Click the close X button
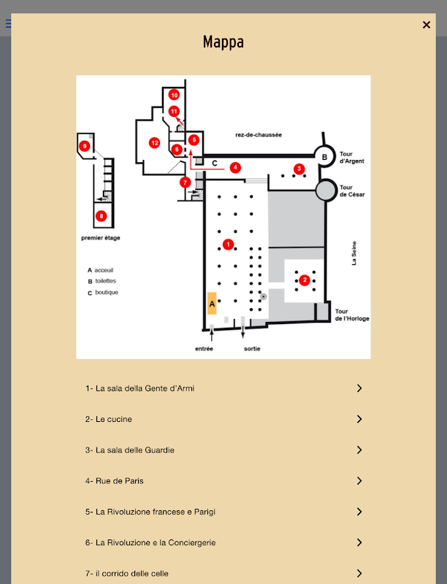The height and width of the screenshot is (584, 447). [427, 25]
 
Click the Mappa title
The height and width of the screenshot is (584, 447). [223, 42]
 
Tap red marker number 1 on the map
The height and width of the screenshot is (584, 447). [228, 245]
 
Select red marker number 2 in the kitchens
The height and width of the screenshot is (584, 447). [305, 280]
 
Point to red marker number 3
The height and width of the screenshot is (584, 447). [299, 169]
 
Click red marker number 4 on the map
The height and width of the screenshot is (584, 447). [235, 167]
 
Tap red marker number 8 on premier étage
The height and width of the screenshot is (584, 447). [101, 215]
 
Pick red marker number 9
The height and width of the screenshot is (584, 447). [85, 147]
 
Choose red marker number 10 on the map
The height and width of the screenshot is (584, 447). [174, 95]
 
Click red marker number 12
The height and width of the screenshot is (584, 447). [154, 143]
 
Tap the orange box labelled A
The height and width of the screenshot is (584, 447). [212, 302]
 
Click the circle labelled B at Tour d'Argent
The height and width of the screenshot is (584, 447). [321, 155]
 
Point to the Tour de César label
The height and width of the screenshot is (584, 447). [353, 191]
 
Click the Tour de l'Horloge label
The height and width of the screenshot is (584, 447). [352, 315]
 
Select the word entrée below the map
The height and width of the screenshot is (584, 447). [204, 349]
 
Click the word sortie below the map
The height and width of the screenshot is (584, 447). [252, 349]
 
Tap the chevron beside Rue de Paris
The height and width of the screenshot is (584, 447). [359, 480]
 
